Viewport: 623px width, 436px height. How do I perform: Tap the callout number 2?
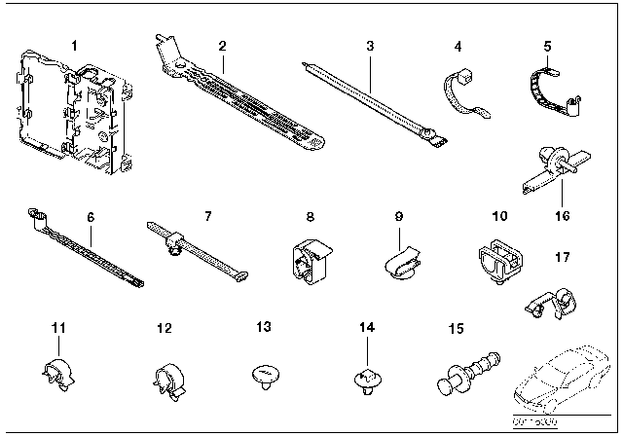coord(222,46)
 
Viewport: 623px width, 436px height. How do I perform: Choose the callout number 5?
coord(546,45)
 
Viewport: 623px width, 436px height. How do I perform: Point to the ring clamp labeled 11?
coord(57,373)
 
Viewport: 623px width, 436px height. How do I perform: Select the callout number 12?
coord(163,329)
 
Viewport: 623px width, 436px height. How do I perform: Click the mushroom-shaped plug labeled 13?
coord(266,376)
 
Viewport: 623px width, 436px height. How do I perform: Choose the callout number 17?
coord(563,258)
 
